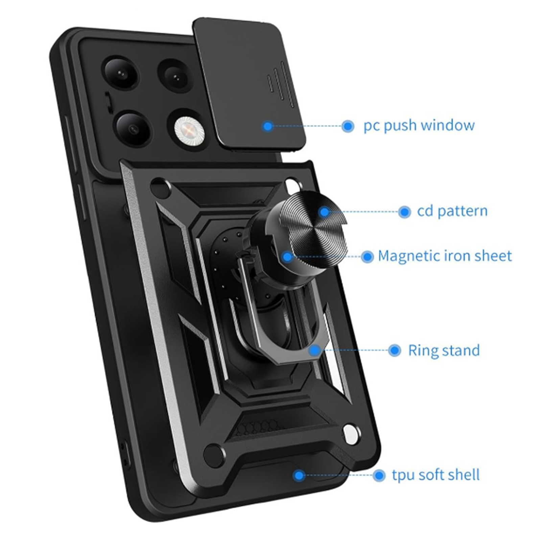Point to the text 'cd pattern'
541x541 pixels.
452,211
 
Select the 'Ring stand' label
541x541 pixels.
444,350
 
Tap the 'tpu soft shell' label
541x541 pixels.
436,475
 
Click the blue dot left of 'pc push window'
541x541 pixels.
348,126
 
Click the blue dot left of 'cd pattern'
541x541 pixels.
404,212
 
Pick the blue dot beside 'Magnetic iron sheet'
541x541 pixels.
367,257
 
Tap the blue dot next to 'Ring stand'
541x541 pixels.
394,350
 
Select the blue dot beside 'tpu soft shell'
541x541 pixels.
379,475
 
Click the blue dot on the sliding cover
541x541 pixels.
268,126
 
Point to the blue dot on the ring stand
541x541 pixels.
315,350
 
